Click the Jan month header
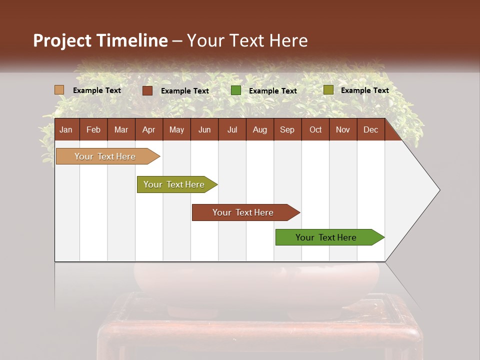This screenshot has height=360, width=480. point(66,130)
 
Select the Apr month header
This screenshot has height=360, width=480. point(148,130)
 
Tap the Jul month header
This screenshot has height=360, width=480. point(232,130)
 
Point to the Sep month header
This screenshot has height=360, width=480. point(287,130)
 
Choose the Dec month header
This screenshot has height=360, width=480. point(370,130)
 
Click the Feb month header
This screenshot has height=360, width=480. point(93,130)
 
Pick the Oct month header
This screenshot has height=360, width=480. point(315,130)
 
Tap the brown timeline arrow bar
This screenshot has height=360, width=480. point(243,212)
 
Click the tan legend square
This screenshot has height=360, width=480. point(59,90)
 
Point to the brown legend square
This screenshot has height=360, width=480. point(147,90)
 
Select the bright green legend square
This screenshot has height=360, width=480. point(236,90)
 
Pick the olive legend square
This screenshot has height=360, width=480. point(328,90)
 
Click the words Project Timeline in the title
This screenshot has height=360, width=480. point(100,40)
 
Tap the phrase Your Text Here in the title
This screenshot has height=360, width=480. point(247,40)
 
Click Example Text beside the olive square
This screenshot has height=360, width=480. point(364,90)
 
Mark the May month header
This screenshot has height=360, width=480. point(176,130)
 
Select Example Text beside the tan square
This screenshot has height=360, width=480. point(97,90)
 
